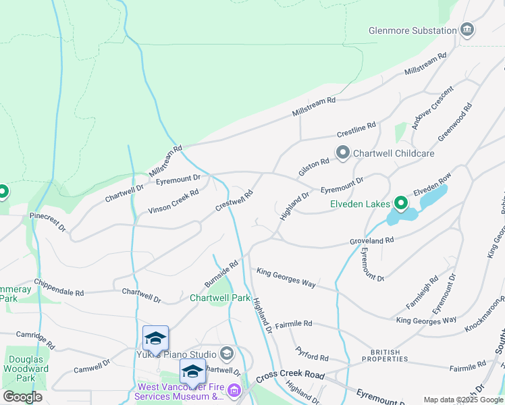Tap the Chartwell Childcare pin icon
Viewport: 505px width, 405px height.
coord(343,153)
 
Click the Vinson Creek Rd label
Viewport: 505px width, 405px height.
coord(174,202)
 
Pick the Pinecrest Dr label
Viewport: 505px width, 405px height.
coord(47,223)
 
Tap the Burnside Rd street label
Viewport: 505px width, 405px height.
coord(222,273)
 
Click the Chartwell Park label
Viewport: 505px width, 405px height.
coord(220,298)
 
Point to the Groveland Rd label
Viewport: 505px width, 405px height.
coord(371,240)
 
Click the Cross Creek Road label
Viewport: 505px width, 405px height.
coord(290,375)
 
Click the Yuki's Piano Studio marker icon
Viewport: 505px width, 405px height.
coord(226,354)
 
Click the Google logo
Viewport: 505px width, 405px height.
coord(22,397)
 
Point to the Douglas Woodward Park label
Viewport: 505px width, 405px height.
coord(25,369)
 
